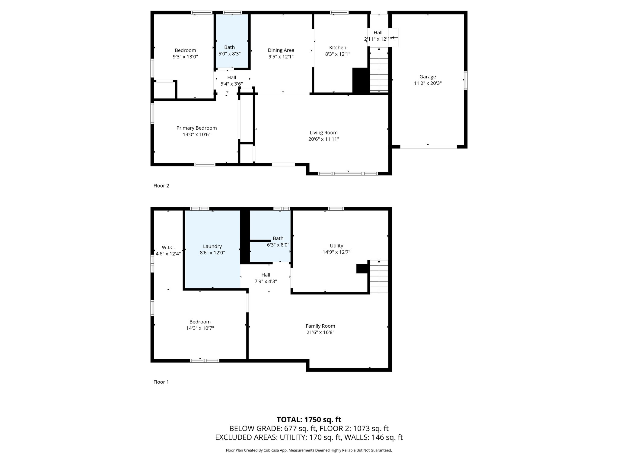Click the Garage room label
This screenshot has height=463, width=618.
pos(427,77)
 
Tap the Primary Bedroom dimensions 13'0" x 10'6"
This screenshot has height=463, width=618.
pos(196,134)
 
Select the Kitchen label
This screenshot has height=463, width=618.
pos(337,48)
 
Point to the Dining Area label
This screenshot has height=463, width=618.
pos(281,50)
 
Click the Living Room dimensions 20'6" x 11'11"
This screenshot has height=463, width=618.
pos(323,139)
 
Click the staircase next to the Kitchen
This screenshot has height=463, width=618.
pos(379,71)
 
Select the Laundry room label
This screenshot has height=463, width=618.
pos(212,246)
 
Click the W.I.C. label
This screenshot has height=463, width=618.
pos(168,247)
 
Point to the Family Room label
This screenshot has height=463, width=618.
pos(320,326)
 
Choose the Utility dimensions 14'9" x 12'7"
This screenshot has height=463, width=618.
pos(336,252)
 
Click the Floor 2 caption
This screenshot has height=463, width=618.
pos(161,186)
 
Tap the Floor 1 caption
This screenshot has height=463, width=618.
pos(161,382)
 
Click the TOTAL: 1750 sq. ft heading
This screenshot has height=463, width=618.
pos(309,419)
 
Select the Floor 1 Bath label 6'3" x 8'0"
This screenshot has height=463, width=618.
pos(278,242)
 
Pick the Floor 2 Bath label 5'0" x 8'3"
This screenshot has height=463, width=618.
pos(229,51)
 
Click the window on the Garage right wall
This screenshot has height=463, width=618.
pos(466,80)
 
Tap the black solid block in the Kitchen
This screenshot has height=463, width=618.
pos(361,80)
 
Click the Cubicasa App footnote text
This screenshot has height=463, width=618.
pos(309,450)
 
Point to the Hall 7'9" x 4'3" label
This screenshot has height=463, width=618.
pos(266,278)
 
